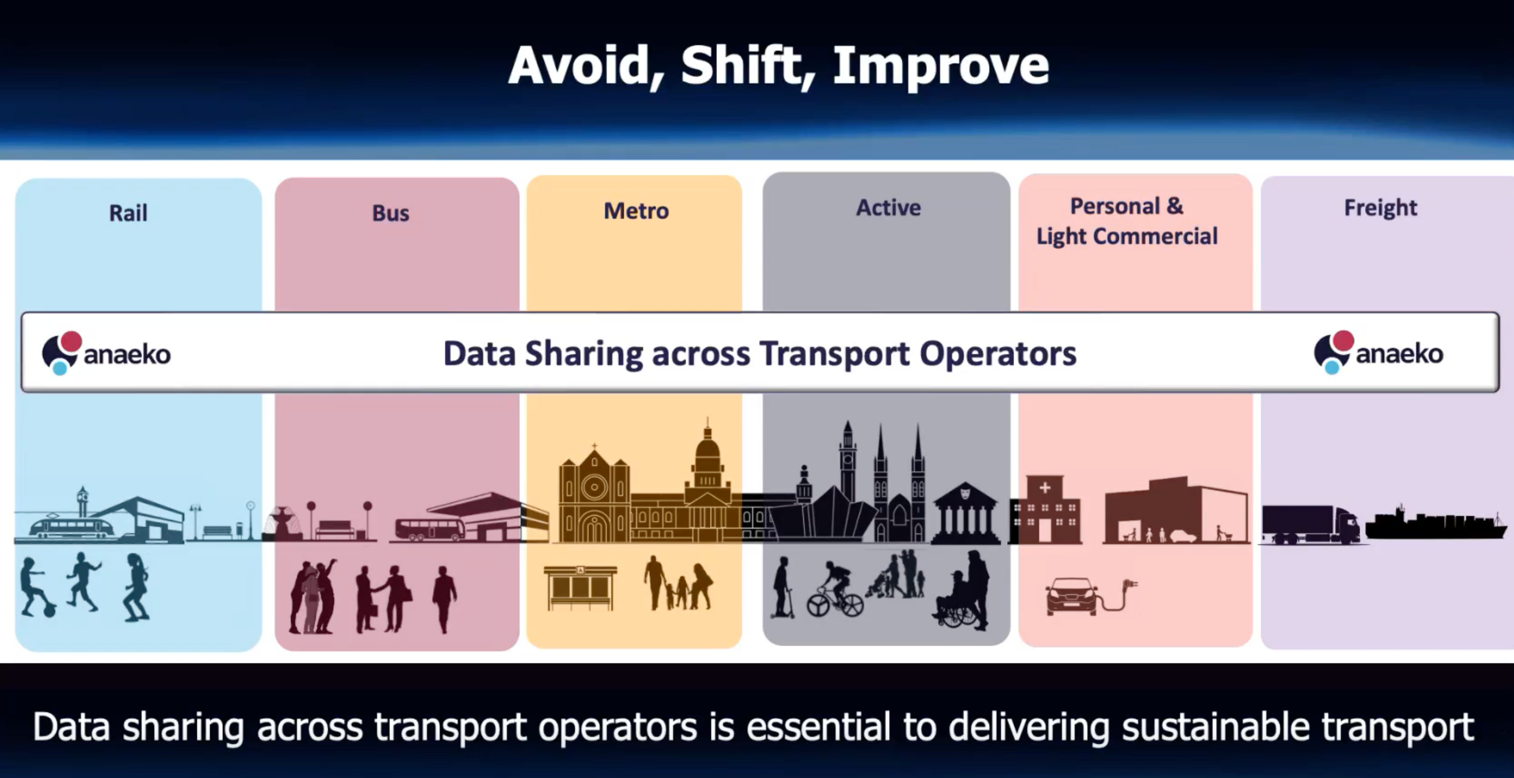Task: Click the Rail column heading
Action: click(128, 213)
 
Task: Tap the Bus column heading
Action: click(391, 213)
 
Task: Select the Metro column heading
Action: click(636, 211)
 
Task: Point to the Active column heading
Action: click(888, 208)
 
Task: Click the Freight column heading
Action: click(1380, 208)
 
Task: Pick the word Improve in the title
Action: click(940, 67)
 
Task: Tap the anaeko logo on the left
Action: click(107, 353)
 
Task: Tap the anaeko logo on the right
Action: click(1378, 353)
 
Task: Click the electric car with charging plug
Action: click(1073, 596)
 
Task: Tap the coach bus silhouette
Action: click(430, 529)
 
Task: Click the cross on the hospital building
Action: click(1045, 487)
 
